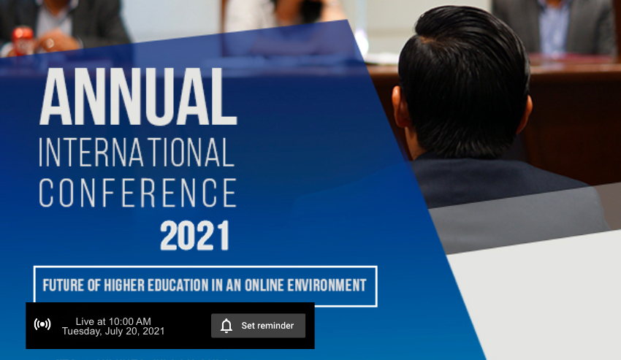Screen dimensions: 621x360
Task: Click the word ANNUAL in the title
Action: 138,96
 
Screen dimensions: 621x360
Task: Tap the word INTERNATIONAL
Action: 137,153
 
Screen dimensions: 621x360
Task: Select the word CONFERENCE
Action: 138,193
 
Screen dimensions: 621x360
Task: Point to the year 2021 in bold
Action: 195,236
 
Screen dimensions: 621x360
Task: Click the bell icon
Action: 226,326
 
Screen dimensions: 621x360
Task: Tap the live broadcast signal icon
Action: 42,324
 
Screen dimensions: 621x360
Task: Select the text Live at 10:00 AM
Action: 113,321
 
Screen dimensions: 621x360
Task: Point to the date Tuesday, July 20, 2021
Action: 113,331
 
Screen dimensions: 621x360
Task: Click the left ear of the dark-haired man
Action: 400,107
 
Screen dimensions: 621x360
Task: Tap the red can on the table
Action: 22,39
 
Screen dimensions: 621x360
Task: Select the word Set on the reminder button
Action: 248,326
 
